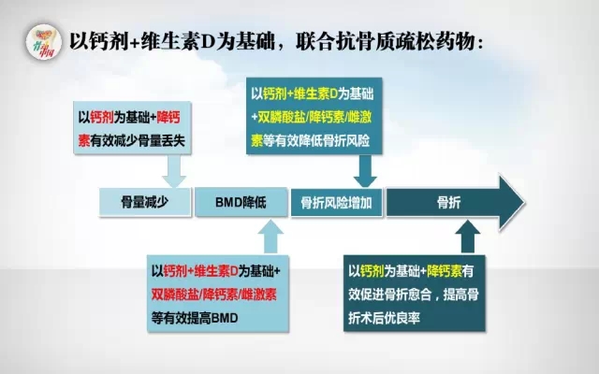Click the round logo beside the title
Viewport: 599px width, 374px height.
(44, 42)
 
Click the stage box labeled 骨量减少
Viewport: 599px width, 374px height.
(145, 202)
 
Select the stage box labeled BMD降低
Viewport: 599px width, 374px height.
(241, 202)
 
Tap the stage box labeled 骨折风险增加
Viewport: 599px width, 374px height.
(337, 203)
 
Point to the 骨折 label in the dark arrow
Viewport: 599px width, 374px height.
(449, 203)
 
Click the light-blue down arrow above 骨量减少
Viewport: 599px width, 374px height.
(174, 171)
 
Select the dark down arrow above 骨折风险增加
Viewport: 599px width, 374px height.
(365, 171)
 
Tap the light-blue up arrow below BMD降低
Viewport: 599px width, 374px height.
(270, 237)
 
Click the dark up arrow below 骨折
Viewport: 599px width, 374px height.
(468, 237)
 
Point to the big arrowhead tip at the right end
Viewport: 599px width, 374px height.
(524, 203)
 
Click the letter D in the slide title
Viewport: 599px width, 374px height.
(208, 41)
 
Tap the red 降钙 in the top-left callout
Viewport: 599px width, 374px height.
(168, 118)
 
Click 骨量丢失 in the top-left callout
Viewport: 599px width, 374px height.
(162, 141)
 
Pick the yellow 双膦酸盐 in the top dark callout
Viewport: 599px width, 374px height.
(282, 117)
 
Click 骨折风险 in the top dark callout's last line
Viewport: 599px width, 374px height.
(346, 141)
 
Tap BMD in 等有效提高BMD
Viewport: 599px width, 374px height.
(225, 318)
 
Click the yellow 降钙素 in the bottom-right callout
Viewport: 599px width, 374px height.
(445, 271)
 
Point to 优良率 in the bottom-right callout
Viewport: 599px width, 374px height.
(402, 318)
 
